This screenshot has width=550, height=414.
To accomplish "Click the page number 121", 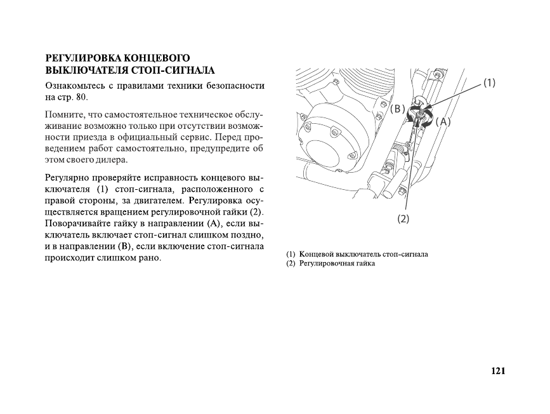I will coord(497,371).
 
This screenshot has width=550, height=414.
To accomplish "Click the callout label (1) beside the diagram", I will coord(489,83).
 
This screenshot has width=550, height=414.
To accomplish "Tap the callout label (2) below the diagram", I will coord(403,219).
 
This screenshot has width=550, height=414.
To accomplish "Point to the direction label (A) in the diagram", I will coord(443,121).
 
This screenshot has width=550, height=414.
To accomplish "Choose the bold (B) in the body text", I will coord(124,246).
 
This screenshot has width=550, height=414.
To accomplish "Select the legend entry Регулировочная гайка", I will coord(337,264).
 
